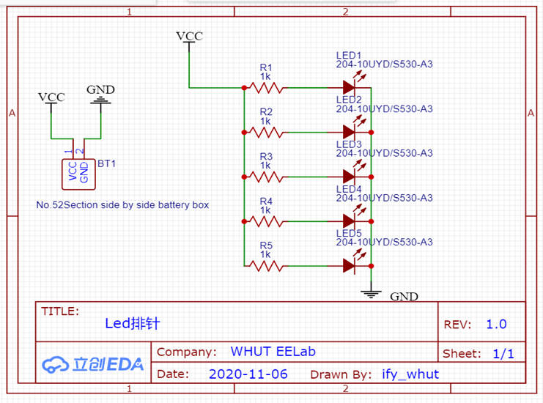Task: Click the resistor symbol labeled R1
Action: pyautogui.click(x=265, y=88)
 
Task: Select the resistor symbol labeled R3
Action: pyautogui.click(x=265, y=177)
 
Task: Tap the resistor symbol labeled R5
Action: pyautogui.click(x=265, y=266)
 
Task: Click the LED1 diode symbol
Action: pyautogui.click(x=350, y=88)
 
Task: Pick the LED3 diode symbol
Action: pyautogui.click(x=350, y=177)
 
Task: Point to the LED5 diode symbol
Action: pyautogui.click(x=350, y=266)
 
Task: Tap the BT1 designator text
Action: pyautogui.click(x=106, y=164)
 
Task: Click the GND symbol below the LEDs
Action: pyautogui.click(x=372, y=294)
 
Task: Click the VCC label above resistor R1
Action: pyautogui.click(x=189, y=37)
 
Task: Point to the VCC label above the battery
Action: pyautogui.click(x=51, y=97)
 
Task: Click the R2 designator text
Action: pyautogui.click(x=265, y=111)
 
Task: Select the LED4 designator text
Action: pyautogui.click(x=349, y=189)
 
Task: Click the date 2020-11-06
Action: pyautogui.click(x=248, y=374)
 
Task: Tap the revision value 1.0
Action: pyautogui.click(x=496, y=325)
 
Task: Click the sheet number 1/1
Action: pyautogui.click(x=503, y=354)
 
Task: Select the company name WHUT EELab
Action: pyautogui.click(x=273, y=352)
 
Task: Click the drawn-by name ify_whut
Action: pyautogui.click(x=410, y=374)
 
